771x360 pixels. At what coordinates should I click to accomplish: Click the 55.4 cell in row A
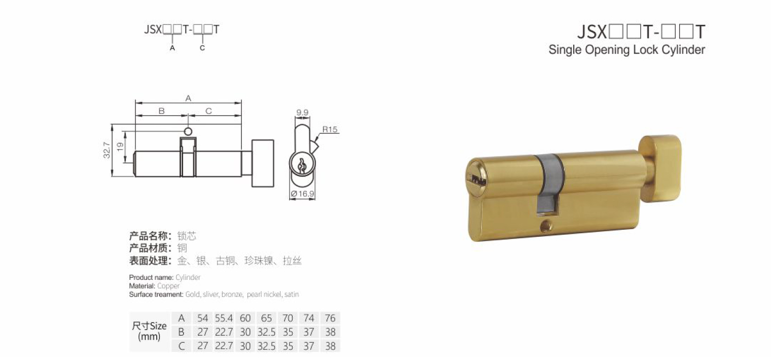224,318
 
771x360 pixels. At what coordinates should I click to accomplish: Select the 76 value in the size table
330,318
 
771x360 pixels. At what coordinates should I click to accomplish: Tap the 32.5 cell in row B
266,332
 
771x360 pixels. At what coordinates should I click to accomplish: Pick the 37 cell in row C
309,346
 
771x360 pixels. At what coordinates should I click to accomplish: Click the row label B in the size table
181,332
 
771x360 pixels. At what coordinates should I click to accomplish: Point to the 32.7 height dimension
107,150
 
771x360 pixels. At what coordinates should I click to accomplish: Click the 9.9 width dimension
302,113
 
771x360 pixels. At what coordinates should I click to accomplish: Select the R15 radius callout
330,129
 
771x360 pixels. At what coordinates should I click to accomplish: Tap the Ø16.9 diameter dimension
302,194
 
